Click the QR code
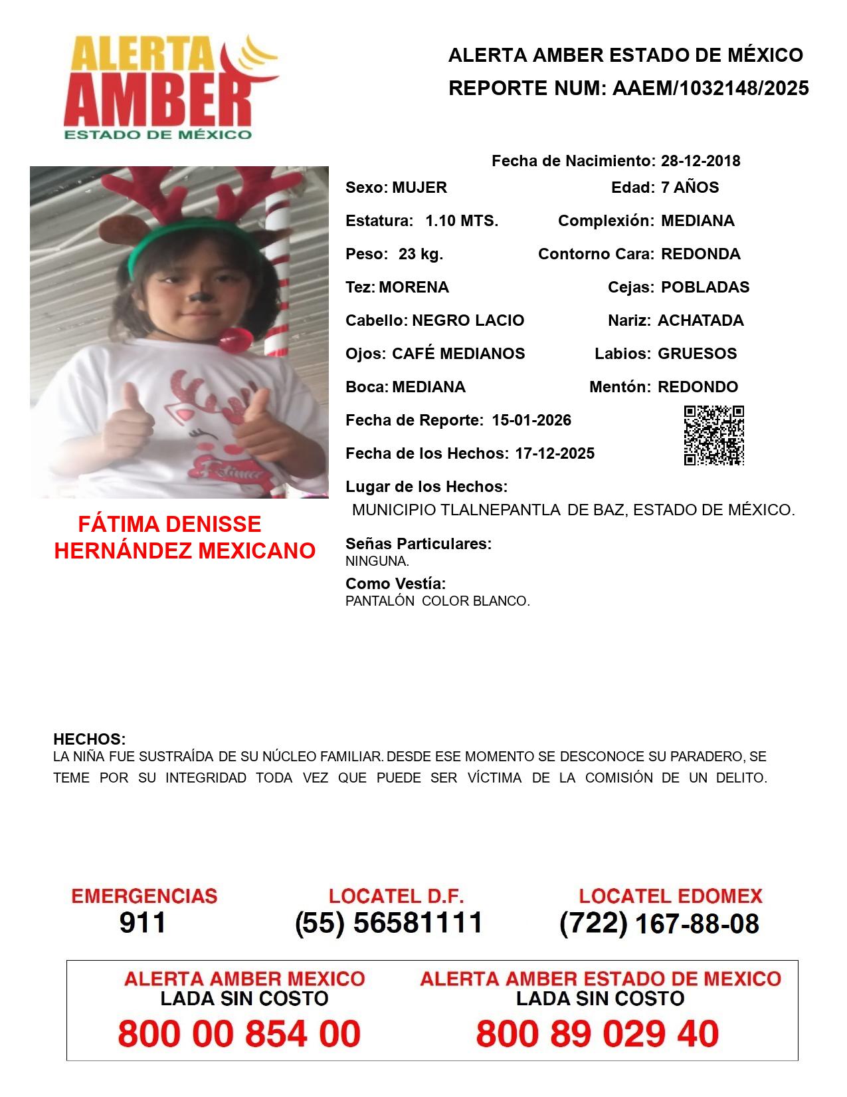714,435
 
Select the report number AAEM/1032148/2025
710,88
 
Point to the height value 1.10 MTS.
462,221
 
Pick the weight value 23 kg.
421,254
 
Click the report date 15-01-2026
531,420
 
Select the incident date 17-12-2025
555,453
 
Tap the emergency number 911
143,923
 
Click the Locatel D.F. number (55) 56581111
389,923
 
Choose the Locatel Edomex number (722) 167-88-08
659,923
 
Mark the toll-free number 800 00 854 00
239,1034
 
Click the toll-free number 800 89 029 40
597,1034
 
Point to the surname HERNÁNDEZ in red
123,551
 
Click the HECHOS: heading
89,739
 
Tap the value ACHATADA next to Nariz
700,320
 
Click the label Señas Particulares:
419,544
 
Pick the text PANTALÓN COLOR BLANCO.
437,601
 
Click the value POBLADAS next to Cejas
705,287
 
